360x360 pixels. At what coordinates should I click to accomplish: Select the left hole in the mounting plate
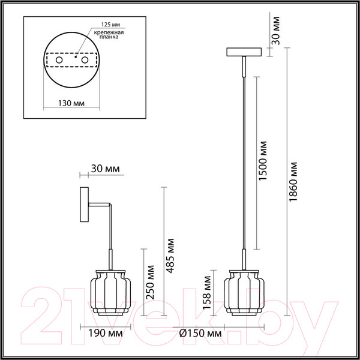59,61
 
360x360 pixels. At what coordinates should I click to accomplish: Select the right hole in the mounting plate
85,61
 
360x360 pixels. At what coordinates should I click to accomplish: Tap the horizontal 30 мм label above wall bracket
104,169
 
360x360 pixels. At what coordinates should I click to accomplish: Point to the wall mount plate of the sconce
83,207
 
